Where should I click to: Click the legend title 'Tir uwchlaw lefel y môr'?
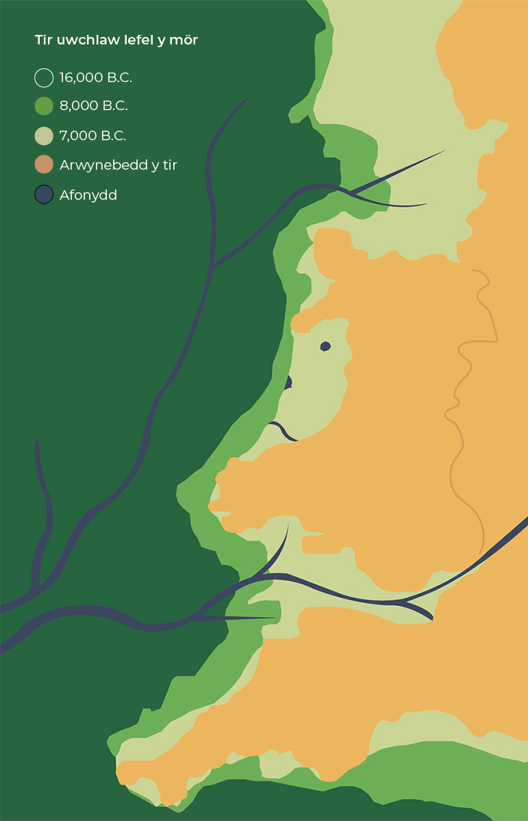[x=116, y=41]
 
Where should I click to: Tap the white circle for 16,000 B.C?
[x=44, y=78]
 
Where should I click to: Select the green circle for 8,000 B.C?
[x=44, y=106]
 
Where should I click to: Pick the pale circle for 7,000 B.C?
[x=44, y=136]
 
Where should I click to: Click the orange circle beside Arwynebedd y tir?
[x=44, y=165]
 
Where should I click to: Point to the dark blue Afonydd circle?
[x=44, y=195]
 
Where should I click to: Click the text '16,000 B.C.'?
[x=96, y=78]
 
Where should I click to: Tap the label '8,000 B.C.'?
[x=94, y=106]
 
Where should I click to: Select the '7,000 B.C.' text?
[x=92, y=136]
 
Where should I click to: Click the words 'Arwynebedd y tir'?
[x=118, y=165]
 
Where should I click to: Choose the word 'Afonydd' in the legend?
[x=88, y=195]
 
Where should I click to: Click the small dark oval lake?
[x=325, y=346]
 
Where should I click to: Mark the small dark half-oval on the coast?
[x=289, y=382]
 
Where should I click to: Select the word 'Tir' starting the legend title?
[x=42, y=41]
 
